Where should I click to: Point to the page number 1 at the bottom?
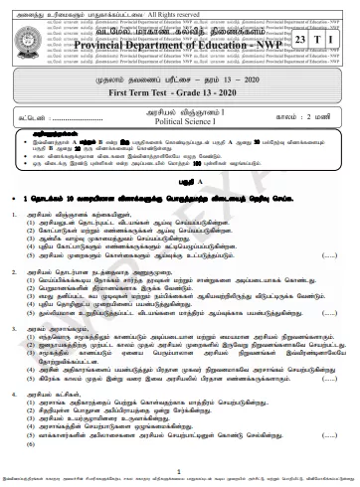click(x=179, y=472)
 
